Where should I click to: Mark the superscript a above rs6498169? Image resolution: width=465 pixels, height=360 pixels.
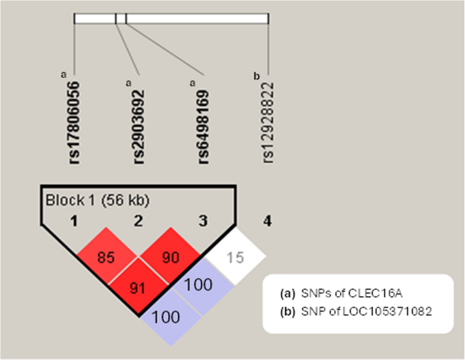click(193, 83)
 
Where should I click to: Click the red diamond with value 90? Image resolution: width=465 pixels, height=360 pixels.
click(170, 258)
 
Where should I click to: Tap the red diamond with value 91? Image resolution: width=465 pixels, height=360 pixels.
click(138, 287)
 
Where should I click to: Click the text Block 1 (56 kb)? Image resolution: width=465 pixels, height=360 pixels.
click(97, 201)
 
